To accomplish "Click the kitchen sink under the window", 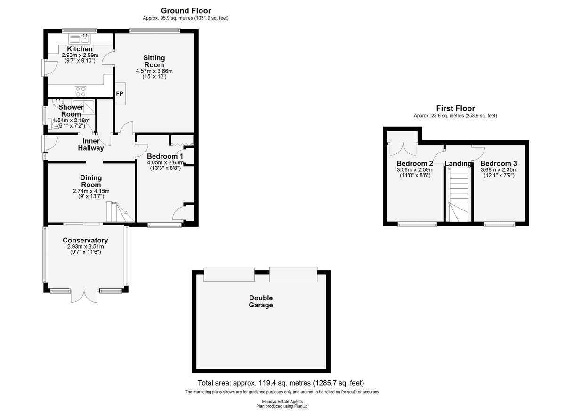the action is click(x=80, y=39).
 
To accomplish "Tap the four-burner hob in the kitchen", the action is click(x=81, y=91).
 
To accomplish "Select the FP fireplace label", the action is click(x=120, y=94).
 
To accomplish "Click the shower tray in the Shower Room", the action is click(x=83, y=107).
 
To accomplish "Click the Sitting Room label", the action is click(x=154, y=61).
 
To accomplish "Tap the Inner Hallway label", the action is click(x=91, y=145).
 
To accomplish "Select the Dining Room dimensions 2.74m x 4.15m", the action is click(x=91, y=191).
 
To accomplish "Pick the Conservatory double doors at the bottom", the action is click(x=84, y=296).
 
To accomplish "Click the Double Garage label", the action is click(x=261, y=301).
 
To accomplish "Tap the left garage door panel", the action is click(x=229, y=274).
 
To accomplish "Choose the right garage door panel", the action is click(x=293, y=274).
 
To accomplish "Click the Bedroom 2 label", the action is click(x=415, y=163).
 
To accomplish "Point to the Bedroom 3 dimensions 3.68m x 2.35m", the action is click(x=499, y=169).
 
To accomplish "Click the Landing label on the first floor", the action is click(x=458, y=164).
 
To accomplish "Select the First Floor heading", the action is click(x=456, y=108).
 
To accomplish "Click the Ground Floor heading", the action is click(x=186, y=11).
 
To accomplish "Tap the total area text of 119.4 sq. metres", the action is click(x=281, y=383).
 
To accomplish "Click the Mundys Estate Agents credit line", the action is click(x=282, y=402).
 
